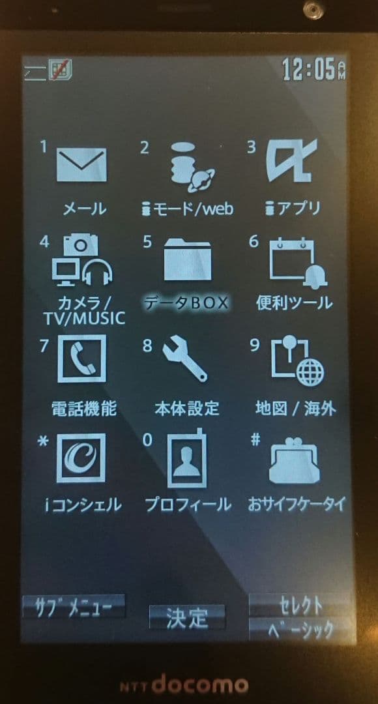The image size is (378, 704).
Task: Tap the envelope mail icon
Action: [81, 164]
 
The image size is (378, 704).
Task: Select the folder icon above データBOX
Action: [187, 260]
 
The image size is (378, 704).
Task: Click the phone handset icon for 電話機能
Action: [81, 359]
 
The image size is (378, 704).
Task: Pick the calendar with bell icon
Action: [298, 263]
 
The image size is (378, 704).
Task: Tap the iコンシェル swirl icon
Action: [81, 458]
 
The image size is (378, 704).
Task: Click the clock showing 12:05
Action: [314, 70]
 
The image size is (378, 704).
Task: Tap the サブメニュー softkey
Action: [74, 608]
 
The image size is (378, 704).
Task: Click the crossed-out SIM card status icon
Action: [61, 70]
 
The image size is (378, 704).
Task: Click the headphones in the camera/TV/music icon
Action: [97, 272]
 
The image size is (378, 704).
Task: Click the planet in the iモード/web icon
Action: [201, 179]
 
